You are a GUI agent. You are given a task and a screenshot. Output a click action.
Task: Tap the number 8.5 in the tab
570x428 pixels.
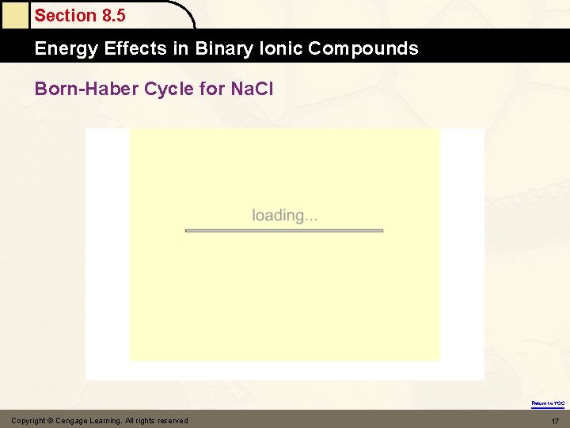click(x=112, y=15)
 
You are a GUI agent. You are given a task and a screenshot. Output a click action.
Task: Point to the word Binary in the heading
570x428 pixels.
click(x=220, y=48)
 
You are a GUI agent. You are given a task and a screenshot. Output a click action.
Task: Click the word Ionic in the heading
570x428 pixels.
click(x=281, y=48)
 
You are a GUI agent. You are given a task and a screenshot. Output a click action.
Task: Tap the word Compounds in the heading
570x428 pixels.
click(x=363, y=48)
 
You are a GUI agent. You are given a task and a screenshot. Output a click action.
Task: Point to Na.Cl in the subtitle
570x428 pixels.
click(x=251, y=89)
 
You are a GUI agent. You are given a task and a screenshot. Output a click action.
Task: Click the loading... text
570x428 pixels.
click(x=284, y=216)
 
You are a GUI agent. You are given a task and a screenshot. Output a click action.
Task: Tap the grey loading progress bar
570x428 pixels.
click(x=284, y=231)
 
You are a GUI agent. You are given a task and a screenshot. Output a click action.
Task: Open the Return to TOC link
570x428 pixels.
click(x=548, y=403)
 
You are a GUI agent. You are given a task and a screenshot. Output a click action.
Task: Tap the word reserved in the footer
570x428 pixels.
click(x=172, y=421)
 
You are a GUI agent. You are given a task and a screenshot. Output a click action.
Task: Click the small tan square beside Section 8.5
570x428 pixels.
click(x=15, y=15)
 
